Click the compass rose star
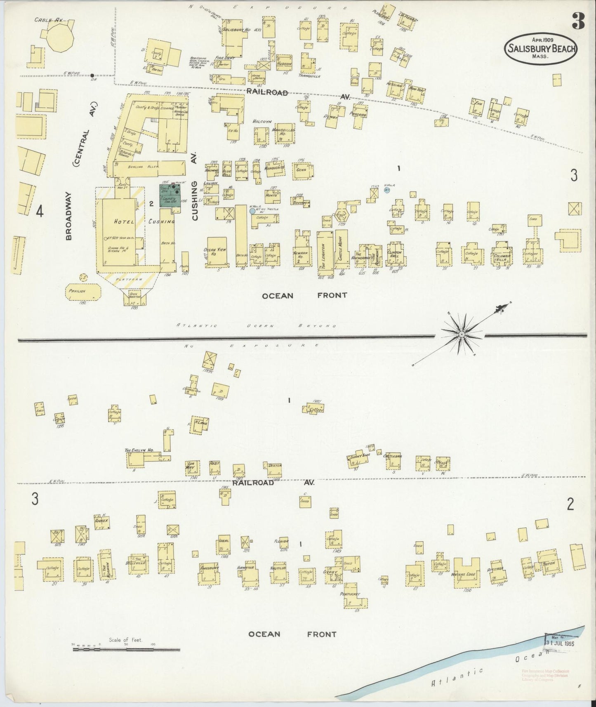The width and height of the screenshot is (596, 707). tap(462, 333)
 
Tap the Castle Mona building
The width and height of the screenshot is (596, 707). tap(341, 249)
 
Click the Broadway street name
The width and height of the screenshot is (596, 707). tap(69, 216)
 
